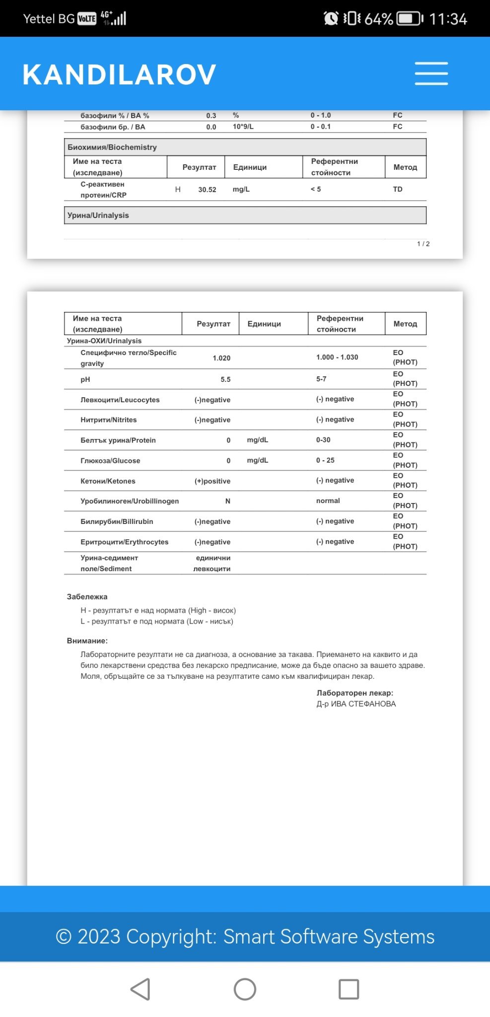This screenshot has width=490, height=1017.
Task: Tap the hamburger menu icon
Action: (x=431, y=73)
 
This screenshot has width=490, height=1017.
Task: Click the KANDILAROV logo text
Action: (x=119, y=74)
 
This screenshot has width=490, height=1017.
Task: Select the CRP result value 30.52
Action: (x=207, y=190)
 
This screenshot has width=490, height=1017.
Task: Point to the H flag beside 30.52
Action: (x=178, y=189)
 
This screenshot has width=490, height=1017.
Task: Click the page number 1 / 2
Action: (x=423, y=244)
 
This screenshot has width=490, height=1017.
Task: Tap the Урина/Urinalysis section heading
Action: (x=98, y=216)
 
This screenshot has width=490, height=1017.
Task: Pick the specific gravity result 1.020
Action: (x=221, y=358)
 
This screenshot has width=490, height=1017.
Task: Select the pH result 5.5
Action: (x=225, y=379)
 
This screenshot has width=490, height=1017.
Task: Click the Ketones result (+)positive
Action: (x=212, y=481)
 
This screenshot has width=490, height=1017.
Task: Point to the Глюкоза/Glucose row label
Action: (x=110, y=461)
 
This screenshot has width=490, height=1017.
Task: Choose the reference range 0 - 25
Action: (x=325, y=460)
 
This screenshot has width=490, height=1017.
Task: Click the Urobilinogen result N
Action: (x=228, y=501)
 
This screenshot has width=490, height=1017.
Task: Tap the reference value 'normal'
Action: (x=328, y=501)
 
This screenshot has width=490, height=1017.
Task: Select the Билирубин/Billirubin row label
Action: (x=117, y=521)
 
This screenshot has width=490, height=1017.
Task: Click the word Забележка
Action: (x=87, y=597)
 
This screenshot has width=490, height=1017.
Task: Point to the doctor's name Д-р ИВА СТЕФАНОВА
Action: (x=356, y=704)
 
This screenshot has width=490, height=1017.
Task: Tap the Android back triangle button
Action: (x=140, y=989)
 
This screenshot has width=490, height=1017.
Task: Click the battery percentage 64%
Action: (x=378, y=19)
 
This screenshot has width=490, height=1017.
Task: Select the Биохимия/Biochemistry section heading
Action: (x=112, y=147)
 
